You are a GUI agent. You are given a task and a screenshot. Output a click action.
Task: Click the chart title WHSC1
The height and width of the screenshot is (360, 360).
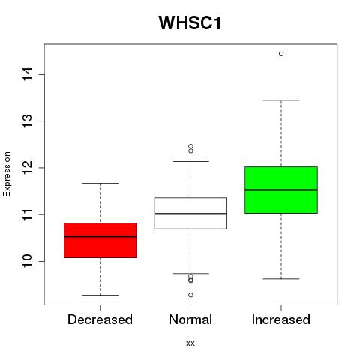pyautogui.click(x=190, y=22)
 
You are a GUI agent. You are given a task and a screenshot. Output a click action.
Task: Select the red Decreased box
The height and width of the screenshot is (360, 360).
pyautogui.click(x=100, y=240)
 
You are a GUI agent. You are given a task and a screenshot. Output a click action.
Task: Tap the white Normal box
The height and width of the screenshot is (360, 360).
pyautogui.click(x=190, y=213)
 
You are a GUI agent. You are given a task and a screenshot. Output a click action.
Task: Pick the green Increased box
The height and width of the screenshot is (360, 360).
pyautogui.click(x=281, y=190)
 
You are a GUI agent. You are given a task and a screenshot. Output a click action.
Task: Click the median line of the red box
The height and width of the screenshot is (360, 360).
pyautogui.click(x=100, y=236)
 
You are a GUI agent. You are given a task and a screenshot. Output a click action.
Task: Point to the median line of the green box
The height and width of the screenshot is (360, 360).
pyautogui.click(x=281, y=190)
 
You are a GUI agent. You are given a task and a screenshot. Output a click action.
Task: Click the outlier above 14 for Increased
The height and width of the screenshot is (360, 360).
pyautogui.click(x=281, y=54)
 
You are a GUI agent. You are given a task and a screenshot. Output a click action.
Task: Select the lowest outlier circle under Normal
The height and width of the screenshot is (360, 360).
pyautogui.click(x=190, y=295)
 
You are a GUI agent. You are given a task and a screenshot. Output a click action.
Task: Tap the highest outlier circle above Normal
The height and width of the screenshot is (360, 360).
pyautogui.click(x=190, y=146)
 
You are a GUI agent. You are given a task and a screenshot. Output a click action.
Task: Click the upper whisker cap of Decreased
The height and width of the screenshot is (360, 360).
pyautogui.click(x=100, y=183)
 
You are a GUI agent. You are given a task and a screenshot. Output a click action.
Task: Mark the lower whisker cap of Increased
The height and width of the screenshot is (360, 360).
pyautogui.click(x=281, y=278)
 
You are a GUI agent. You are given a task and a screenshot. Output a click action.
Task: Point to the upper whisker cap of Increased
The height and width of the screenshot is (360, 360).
pyautogui.click(x=281, y=100)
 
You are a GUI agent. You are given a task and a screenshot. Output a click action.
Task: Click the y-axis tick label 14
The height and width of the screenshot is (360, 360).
pyautogui.click(x=28, y=74)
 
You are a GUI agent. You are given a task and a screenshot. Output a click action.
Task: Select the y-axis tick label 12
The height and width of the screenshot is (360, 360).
pyautogui.click(x=28, y=168)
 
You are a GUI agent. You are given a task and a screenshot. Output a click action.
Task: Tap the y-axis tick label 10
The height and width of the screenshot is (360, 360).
pyautogui.click(x=28, y=261)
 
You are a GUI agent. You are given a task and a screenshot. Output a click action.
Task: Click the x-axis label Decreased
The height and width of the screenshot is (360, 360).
pyautogui.click(x=100, y=319)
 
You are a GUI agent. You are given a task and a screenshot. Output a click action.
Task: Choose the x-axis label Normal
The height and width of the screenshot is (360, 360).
pyautogui.click(x=190, y=319)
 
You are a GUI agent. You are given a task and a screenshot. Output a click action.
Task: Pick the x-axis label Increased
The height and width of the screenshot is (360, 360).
pyautogui.click(x=281, y=319)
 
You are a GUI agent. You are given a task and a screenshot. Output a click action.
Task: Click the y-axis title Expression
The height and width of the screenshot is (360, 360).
pyautogui.click(x=7, y=174)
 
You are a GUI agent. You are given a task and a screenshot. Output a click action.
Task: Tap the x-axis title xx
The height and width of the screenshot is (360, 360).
pyautogui.click(x=190, y=343)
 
